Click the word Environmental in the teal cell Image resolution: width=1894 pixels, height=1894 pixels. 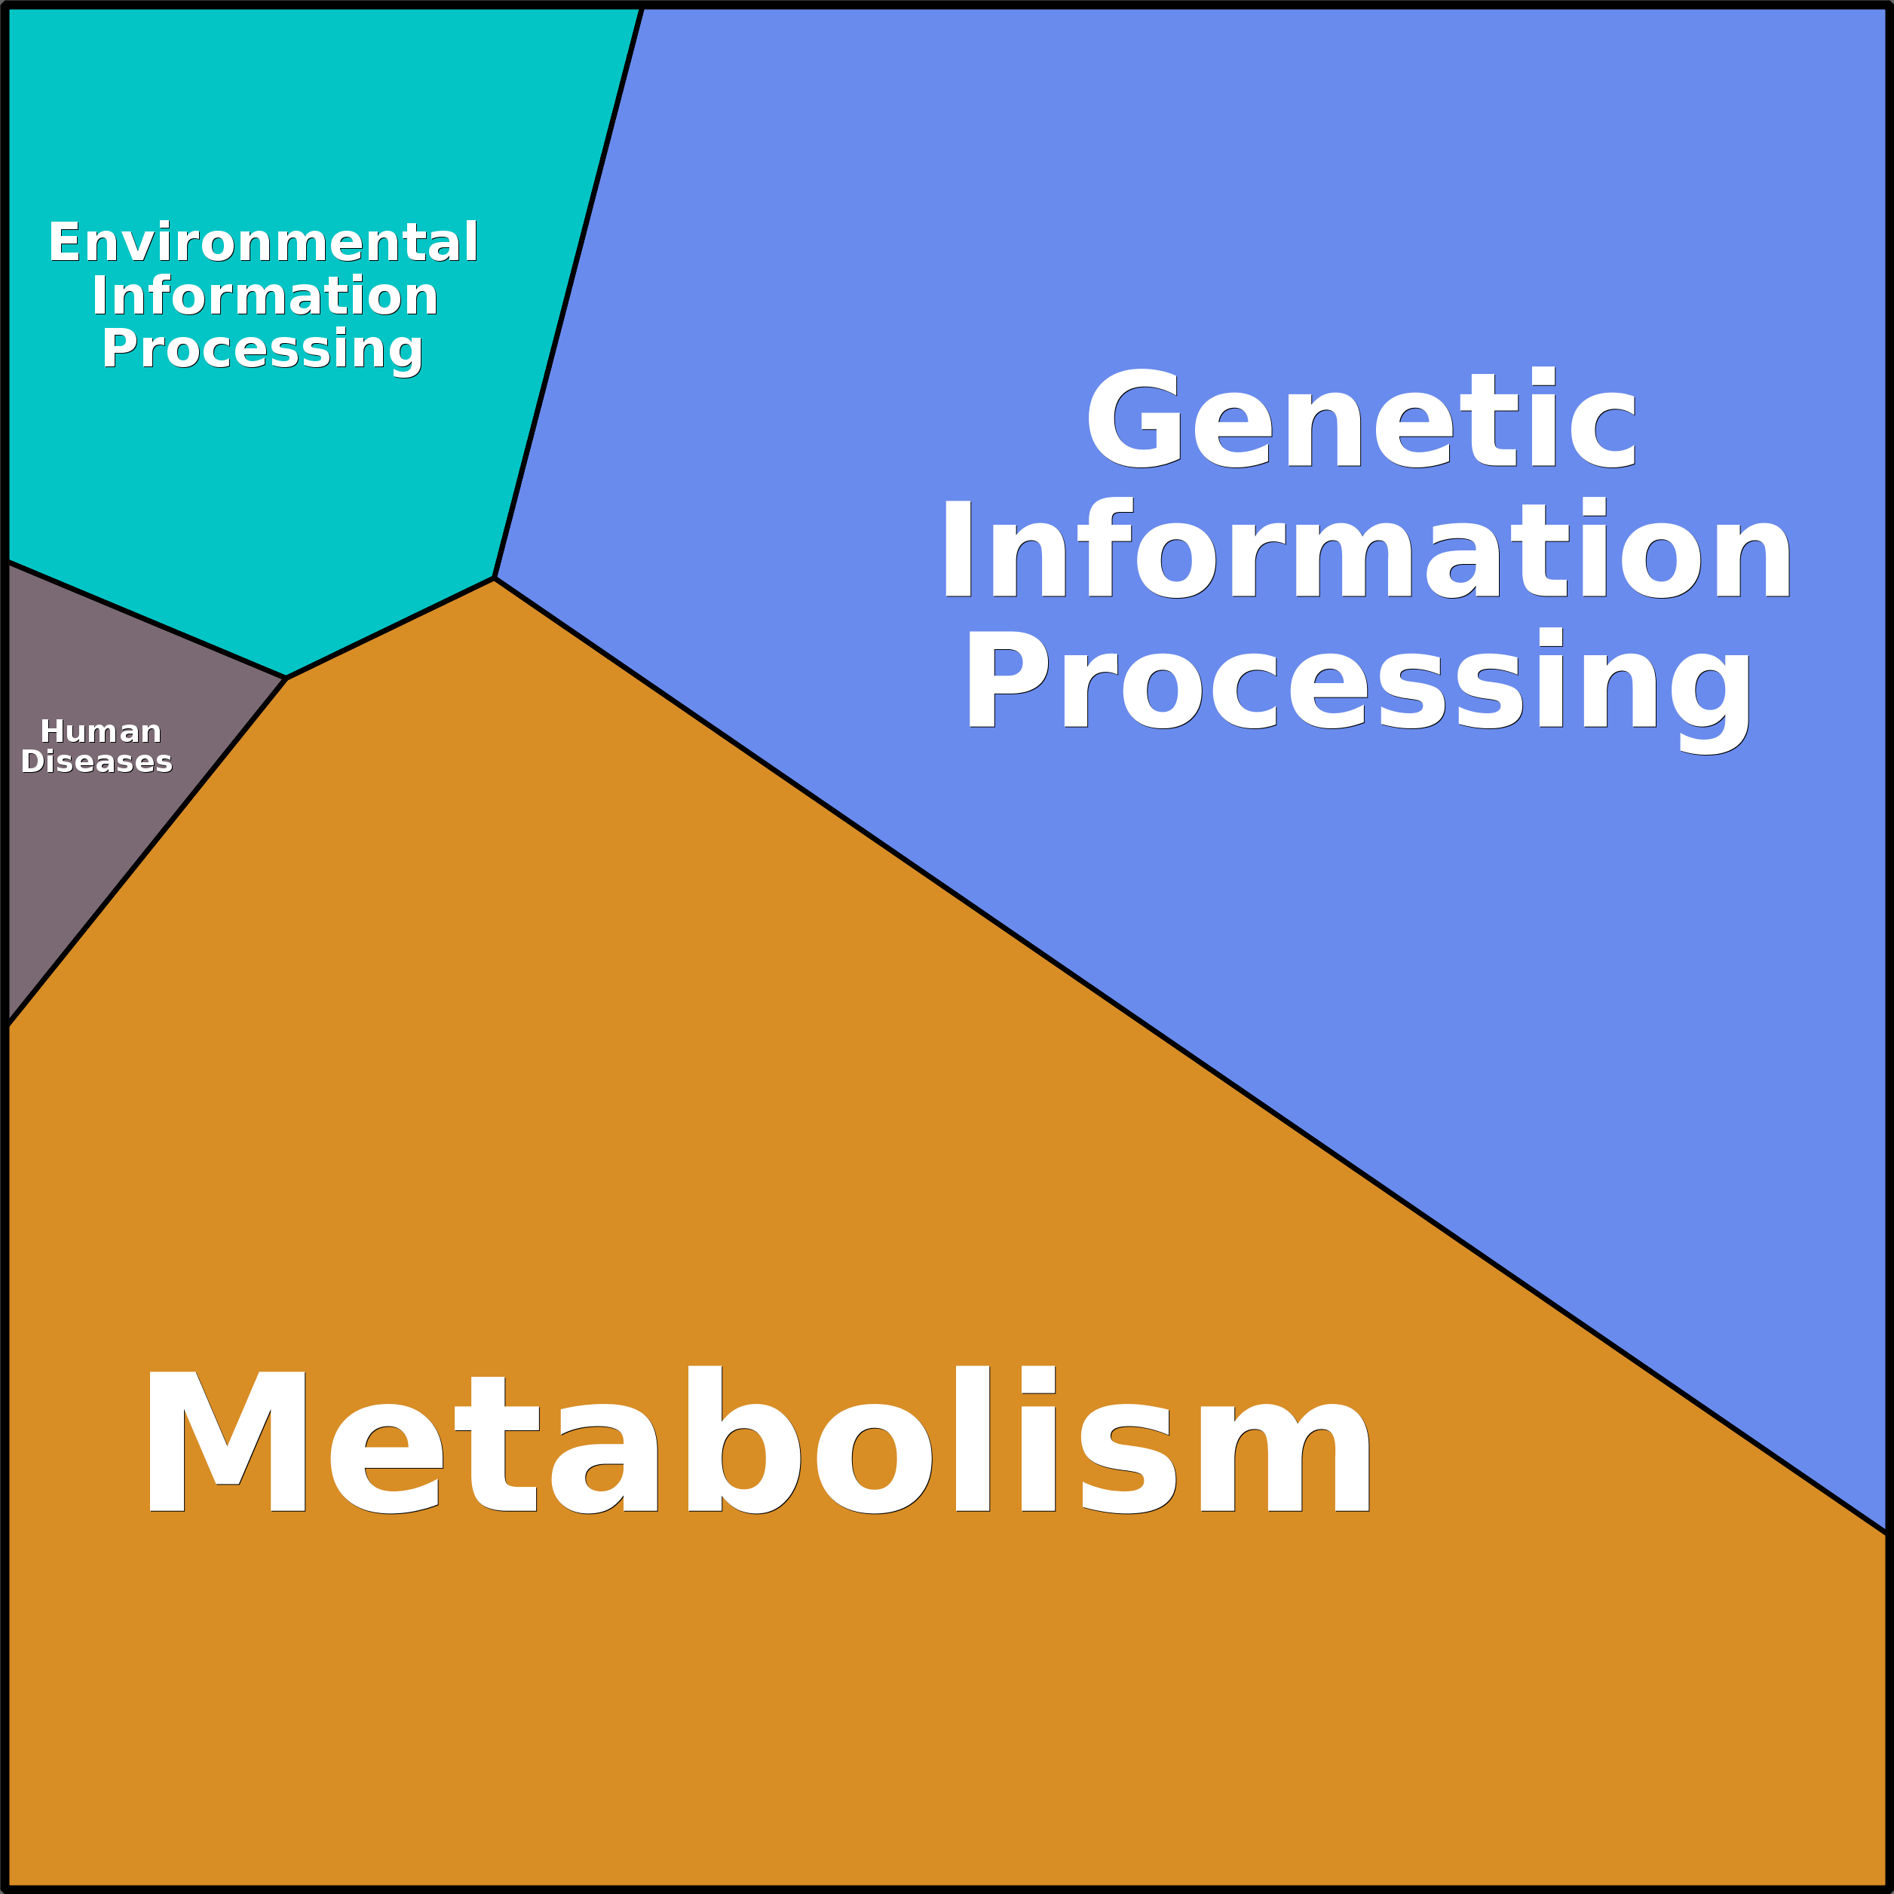[262, 242]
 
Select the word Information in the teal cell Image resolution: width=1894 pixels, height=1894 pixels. [265, 296]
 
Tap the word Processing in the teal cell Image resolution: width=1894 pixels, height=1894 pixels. [262, 350]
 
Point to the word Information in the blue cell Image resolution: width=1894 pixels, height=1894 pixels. [1365, 549]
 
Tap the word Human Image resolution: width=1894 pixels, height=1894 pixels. [100, 731]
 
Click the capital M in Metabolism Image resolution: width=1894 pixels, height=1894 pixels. [225, 1441]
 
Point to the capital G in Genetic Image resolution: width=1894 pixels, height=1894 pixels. [1134, 418]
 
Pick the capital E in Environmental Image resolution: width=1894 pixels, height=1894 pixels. [64, 242]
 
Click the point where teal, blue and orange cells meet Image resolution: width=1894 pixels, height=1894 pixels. [494, 578]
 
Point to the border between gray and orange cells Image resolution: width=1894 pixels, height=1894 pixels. [147, 851]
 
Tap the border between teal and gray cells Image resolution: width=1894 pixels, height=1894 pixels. [147, 620]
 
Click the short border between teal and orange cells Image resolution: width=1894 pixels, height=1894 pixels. [390, 627]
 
